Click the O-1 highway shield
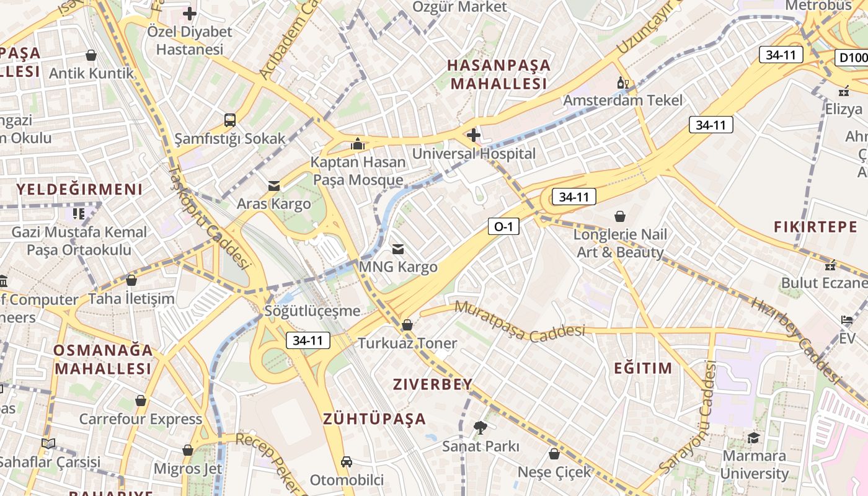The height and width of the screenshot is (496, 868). [503, 227]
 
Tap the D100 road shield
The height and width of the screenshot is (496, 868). [852, 58]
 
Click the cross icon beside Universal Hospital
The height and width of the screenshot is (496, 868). [474, 135]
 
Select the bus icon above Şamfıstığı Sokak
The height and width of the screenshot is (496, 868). [230, 120]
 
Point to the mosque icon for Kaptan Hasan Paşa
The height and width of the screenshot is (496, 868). [357, 144]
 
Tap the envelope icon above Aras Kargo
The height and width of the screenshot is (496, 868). [273, 185]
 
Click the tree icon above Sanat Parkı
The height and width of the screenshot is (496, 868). [480, 427]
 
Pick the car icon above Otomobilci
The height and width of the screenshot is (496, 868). [347, 462]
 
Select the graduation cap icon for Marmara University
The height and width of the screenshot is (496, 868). [753, 438]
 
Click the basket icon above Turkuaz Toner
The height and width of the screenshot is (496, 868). [407, 324]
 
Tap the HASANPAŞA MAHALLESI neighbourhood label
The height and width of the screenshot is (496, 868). [499, 74]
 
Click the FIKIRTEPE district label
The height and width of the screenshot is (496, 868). [815, 227]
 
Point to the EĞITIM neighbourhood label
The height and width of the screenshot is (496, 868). [643, 368]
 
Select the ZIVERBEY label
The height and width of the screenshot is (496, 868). [433, 384]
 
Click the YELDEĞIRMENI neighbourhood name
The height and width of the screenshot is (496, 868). [79, 189]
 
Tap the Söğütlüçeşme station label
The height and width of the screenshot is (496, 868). [312, 311]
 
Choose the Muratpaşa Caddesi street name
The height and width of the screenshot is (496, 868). [520, 321]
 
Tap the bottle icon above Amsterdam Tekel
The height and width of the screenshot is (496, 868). [622, 82]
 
